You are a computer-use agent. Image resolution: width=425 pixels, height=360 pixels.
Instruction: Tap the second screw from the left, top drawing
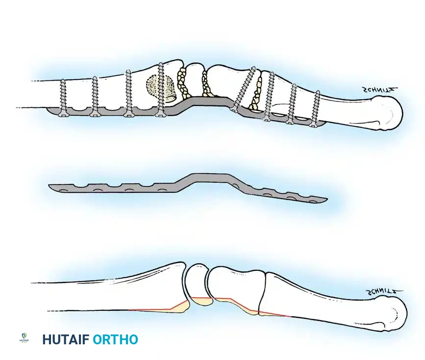tap(95, 96)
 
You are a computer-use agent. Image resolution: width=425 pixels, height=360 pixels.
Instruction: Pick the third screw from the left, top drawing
tap(128, 93)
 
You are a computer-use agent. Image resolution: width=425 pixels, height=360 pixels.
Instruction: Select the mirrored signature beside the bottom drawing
tap(384, 293)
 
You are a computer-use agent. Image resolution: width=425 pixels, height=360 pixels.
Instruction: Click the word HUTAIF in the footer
tap(65, 339)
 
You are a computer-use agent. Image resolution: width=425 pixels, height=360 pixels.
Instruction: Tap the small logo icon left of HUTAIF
tap(23, 338)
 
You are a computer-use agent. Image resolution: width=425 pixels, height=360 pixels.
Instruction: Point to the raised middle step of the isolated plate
tap(208, 177)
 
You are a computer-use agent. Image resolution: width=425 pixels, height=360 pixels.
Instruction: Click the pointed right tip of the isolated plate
tap(325, 200)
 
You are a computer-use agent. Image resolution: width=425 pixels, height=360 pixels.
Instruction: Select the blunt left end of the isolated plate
tap(51, 186)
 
